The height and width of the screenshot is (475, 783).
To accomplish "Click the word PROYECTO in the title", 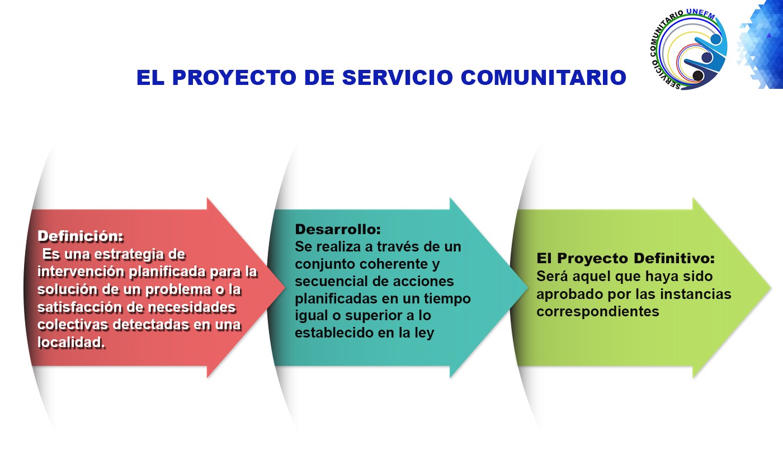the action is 234,77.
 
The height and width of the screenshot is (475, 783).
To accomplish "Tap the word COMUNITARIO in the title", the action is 544,77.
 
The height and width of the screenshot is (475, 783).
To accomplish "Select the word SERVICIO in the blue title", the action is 398,77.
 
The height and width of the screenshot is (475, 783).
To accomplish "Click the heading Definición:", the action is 81,236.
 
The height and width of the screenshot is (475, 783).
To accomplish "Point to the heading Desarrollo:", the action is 338,230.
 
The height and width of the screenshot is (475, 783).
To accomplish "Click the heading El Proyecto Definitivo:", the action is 626,258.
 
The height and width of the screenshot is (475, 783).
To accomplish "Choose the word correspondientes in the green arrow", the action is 598,312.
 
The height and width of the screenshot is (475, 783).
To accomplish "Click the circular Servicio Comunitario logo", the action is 688,49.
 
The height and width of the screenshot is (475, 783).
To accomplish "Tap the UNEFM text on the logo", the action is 700,13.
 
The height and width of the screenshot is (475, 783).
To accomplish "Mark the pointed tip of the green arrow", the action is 771,288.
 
